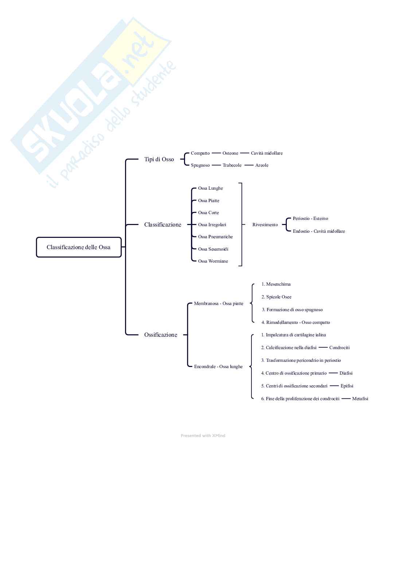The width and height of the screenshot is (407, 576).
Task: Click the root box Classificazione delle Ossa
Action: click(78, 247)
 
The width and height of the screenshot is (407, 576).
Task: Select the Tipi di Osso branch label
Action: click(159, 159)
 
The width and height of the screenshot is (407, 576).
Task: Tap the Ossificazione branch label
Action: click(161, 335)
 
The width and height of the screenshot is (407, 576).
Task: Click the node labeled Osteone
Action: click(230, 153)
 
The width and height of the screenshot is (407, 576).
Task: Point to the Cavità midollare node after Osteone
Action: click(267, 153)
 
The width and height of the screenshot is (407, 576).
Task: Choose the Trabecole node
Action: click(232, 165)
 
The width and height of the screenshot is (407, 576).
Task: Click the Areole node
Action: click(262, 165)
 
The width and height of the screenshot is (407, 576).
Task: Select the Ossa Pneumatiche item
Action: click(215, 237)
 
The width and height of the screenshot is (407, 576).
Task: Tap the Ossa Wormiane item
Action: click(213, 261)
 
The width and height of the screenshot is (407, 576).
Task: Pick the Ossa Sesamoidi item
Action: click(213, 249)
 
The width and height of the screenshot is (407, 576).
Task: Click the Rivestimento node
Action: click(265, 225)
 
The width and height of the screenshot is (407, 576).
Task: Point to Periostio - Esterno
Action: click(310, 219)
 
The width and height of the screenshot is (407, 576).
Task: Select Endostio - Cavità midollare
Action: click(319, 231)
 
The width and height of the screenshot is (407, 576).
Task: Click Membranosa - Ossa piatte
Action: click(219, 304)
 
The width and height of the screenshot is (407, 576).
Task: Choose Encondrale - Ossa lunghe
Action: click(218, 367)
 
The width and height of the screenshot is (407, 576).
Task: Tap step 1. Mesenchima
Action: click(276, 284)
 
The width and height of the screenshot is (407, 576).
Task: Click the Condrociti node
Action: click(339, 348)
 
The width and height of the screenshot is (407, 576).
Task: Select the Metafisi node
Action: click(360, 399)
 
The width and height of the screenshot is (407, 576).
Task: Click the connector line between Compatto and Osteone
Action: click(216, 153)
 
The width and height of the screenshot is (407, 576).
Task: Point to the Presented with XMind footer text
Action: click(203, 436)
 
